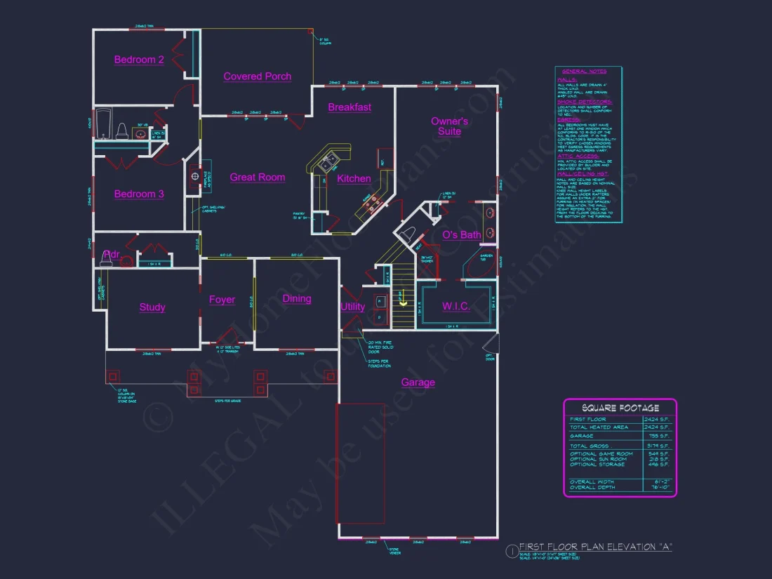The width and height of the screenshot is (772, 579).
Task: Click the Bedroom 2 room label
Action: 139,60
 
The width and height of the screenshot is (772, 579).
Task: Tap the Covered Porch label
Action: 257,76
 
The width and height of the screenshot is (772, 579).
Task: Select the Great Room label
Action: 257,178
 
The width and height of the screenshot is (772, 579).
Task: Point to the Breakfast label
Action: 350,107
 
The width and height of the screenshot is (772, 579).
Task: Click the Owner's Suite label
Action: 449,126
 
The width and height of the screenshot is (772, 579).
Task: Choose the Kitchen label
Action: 354,179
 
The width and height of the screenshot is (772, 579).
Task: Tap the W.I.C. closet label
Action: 455,307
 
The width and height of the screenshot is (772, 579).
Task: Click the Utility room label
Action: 352,307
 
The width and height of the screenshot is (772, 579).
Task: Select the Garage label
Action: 418,382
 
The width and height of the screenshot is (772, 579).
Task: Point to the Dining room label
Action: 296,299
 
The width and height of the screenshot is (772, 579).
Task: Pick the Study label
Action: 152,307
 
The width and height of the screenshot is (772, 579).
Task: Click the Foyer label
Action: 222,300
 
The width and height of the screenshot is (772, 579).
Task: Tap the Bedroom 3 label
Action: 139,194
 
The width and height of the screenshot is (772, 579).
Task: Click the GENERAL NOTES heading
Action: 584,72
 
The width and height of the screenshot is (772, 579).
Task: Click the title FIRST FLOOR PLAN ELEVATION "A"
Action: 595,547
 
